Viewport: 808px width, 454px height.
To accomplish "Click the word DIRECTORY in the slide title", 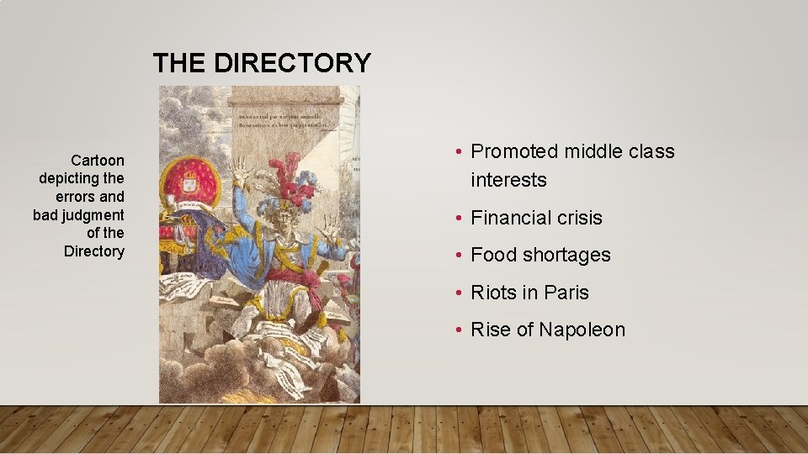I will [x=293, y=63].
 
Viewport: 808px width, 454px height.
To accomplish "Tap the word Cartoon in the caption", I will [x=98, y=160].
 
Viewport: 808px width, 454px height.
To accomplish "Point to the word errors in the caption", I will [x=77, y=196].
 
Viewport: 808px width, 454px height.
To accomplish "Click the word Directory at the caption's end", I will [x=93, y=251].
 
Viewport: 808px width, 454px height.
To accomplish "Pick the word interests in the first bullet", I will [x=508, y=180].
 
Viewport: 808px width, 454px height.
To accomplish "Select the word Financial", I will [x=513, y=218].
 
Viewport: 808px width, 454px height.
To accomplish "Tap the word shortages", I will [x=570, y=255].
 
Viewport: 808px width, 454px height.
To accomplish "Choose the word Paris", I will [x=566, y=293].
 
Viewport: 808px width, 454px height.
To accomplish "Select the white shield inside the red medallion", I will [x=191, y=180].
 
